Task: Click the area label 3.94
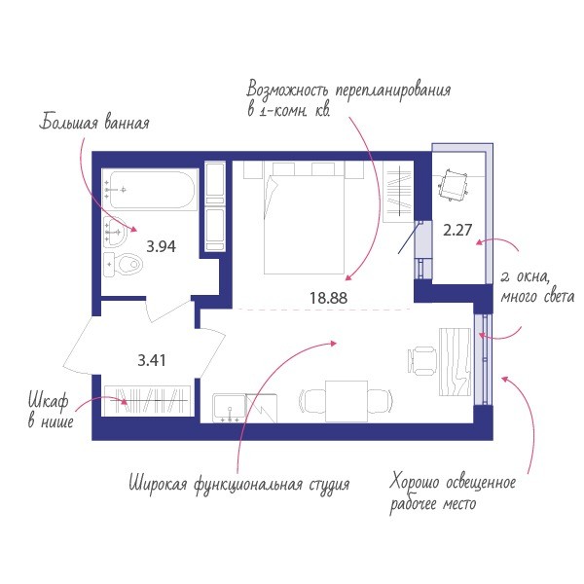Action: point(161,246)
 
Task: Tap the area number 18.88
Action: point(329,298)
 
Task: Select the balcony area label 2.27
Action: point(457,230)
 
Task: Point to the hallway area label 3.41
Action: point(152,360)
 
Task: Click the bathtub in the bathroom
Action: point(152,190)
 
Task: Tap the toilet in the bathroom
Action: point(124,265)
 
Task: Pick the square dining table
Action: point(347,401)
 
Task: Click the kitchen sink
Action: point(229,408)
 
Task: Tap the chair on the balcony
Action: point(453,185)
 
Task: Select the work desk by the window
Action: point(455,362)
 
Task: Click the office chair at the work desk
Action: point(422,360)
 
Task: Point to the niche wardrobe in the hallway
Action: point(148,401)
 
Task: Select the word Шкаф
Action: point(49,401)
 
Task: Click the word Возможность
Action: point(288,91)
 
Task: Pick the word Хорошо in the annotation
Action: point(415,482)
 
